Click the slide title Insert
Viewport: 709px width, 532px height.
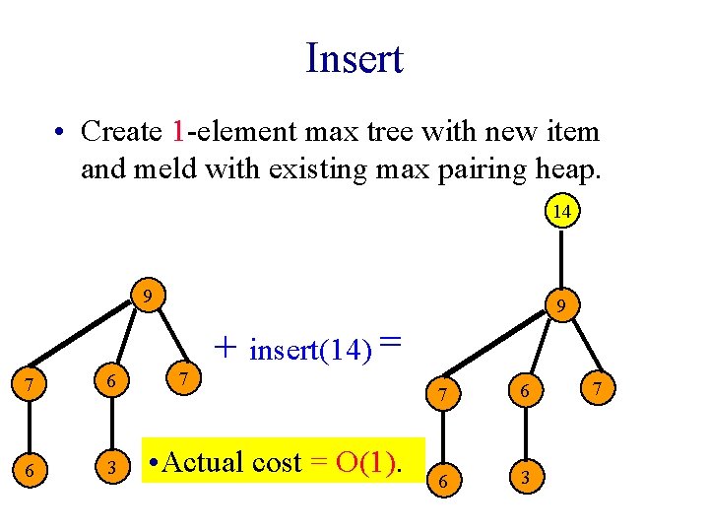tap(354, 58)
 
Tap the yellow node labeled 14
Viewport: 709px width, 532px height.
tap(561, 212)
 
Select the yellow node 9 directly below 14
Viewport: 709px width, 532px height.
tap(560, 308)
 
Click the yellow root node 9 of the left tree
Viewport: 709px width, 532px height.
tap(146, 296)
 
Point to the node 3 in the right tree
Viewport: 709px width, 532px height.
tap(526, 479)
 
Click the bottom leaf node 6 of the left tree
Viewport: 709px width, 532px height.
tap(30, 471)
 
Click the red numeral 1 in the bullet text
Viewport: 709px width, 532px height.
tap(177, 130)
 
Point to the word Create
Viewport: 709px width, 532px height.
tap(122, 130)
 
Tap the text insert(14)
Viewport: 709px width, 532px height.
tap(311, 350)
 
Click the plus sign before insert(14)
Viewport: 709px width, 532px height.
tap(226, 347)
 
